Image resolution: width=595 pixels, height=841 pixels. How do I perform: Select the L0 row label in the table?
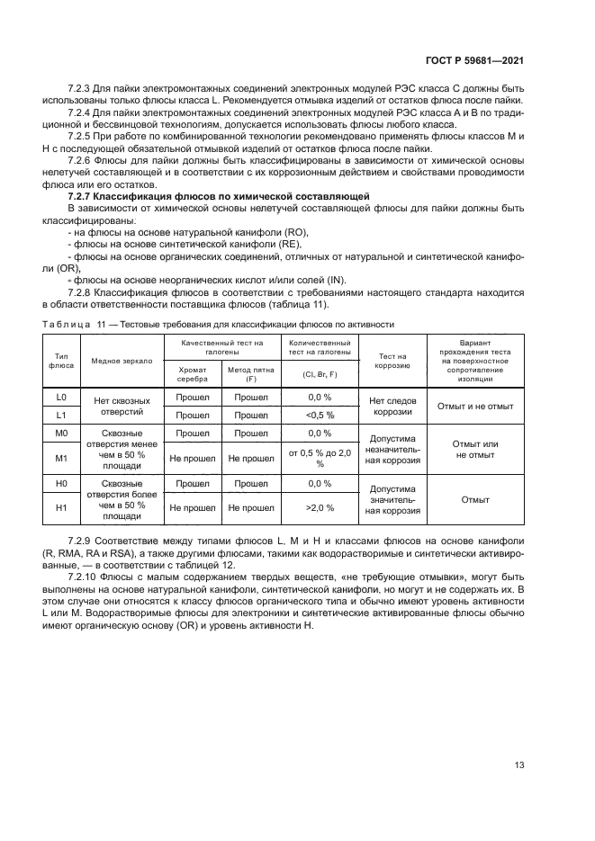click(61, 397)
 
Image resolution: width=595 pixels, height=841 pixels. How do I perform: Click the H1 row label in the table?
click(61, 507)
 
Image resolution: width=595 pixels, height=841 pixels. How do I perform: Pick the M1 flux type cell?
click(61, 458)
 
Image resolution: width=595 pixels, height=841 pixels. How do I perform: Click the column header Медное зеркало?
click(122, 362)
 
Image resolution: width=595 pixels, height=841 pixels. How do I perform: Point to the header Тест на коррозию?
click(392, 362)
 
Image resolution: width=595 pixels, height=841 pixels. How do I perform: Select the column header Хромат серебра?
click(192, 374)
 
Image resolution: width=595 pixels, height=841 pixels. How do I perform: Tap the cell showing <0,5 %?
click(320, 415)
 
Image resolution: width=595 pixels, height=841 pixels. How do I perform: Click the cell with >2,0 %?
click(320, 507)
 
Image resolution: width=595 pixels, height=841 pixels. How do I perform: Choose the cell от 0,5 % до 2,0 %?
click(320, 458)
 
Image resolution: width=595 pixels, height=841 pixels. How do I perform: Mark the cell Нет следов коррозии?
click(392, 406)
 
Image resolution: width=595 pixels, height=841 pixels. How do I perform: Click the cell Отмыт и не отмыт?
click(474, 406)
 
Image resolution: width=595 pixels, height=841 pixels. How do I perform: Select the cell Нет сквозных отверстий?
click(122, 406)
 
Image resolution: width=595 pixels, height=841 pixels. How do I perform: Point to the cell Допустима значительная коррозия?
click(392, 498)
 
